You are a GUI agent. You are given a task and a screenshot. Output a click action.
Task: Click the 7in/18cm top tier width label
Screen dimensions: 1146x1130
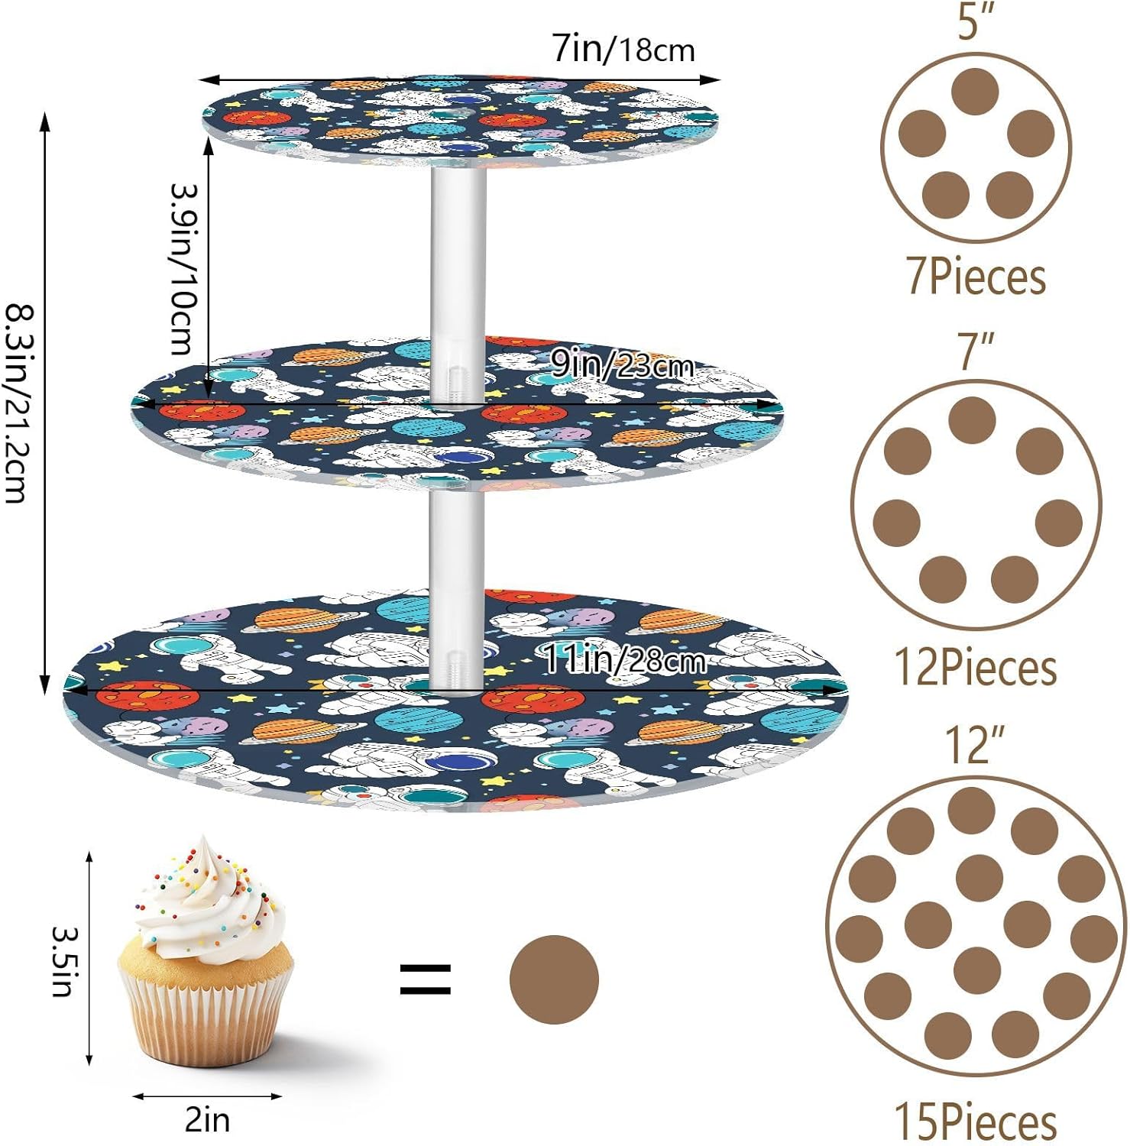(x=623, y=50)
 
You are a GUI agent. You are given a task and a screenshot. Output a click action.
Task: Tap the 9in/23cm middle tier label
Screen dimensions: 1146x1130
(x=621, y=366)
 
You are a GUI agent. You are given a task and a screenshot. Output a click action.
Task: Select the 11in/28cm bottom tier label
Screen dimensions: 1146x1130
(x=623, y=659)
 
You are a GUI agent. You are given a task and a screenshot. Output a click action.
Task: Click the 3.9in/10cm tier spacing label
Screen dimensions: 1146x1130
(x=183, y=269)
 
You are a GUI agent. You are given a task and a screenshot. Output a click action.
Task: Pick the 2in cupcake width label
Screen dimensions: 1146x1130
(x=207, y=1120)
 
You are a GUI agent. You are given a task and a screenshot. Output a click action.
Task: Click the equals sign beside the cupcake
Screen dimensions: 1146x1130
(x=426, y=979)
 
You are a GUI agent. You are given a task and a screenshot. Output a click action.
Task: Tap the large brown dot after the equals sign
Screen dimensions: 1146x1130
(x=554, y=979)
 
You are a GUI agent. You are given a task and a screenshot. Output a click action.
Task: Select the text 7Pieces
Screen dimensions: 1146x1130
(x=976, y=276)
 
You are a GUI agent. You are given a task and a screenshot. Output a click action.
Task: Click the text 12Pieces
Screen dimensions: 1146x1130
(x=976, y=668)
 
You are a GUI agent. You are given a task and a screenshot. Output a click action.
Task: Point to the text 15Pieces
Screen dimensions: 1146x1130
(x=976, y=1122)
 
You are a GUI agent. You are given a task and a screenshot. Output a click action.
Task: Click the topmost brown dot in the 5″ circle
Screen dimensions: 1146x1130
(x=976, y=91)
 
